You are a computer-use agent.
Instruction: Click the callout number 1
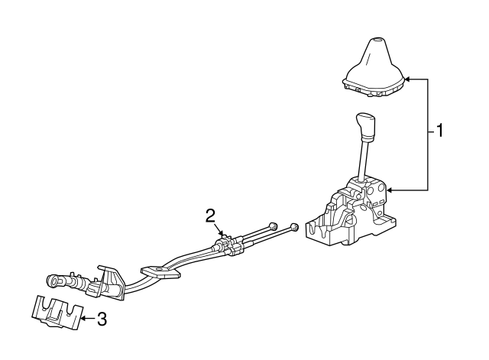[x=439, y=131]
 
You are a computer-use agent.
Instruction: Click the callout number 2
[x=210, y=216]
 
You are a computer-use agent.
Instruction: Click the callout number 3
[x=102, y=319]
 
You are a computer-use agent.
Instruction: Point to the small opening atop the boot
[x=378, y=40]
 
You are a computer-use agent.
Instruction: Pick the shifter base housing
[x=351, y=212]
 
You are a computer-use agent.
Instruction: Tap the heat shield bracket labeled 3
[x=57, y=312]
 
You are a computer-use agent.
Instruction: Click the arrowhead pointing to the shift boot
[x=407, y=79]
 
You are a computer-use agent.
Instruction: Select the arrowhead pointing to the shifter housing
[x=390, y=190]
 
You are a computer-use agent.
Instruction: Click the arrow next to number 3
[x=89, y=319]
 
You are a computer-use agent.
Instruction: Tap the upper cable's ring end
[x=274, y=225]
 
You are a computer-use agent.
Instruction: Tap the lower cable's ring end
[x=294, y=227]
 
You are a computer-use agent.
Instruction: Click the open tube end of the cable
[x=52, y=281]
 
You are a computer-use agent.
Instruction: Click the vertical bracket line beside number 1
[x=428, y=135]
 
